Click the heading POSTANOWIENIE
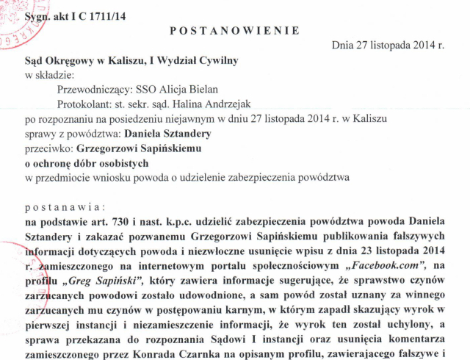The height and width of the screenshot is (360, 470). point(234,30)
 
